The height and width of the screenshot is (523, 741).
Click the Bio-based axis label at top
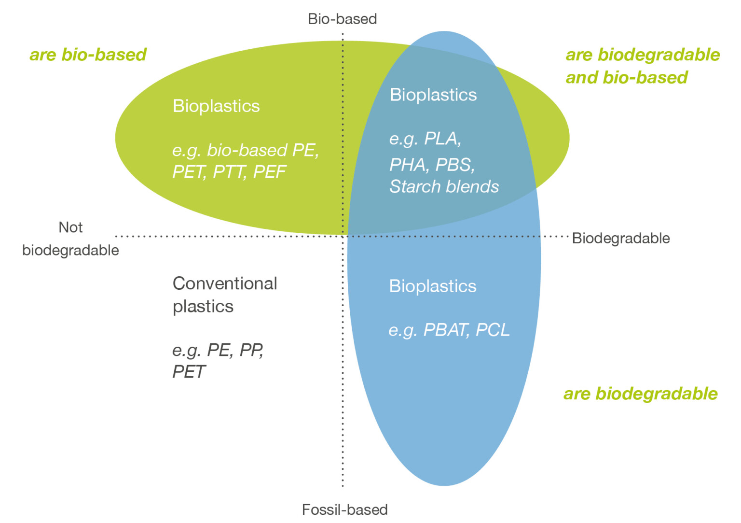click(x=342, y=19)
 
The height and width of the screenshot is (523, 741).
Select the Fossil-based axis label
click(x=344, y=509)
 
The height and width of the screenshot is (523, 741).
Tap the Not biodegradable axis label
click(x=70, y=239)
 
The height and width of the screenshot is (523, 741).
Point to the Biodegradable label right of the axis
click(x=620, y=238)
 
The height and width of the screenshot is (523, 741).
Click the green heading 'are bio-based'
click(x=88, y=55)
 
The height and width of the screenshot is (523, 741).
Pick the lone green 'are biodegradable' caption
click(x=640, y=394)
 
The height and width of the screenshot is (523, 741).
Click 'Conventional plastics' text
click(x=224, y=295)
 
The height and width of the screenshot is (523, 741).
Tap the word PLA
click(x=441, y=139)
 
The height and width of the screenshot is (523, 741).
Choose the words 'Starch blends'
click(x=444, y=186)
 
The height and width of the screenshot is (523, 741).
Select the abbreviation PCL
click(x=493, y=330)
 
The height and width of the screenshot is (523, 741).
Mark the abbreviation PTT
click(x=229, y=172)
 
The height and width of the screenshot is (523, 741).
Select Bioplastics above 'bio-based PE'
click(x=216, y=106)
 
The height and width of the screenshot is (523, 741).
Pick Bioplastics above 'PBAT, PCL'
click(x=432, y=286)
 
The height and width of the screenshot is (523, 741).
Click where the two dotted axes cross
click(x=343, y=236)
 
